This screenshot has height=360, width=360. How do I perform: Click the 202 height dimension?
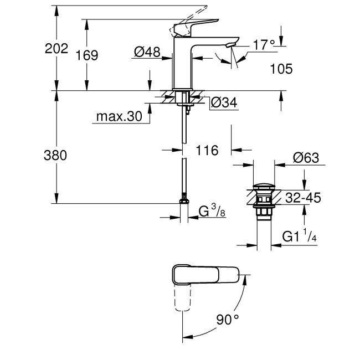tap(56, 48)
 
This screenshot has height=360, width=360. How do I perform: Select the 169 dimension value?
tap(87, 55)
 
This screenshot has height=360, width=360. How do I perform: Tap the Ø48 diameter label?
tap(147, 52)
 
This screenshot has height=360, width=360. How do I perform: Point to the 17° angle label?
tap(264, 44)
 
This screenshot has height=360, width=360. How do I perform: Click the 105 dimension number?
tap(281, 69)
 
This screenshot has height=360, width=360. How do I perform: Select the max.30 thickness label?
tap(119, 117)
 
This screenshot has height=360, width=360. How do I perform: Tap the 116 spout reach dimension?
tap(207, 150)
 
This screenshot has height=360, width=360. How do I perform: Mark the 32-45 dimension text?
tap(303, 198)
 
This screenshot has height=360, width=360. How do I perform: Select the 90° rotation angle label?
tap(228, 320)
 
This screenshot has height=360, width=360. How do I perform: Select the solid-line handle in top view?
tap(205, 274)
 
